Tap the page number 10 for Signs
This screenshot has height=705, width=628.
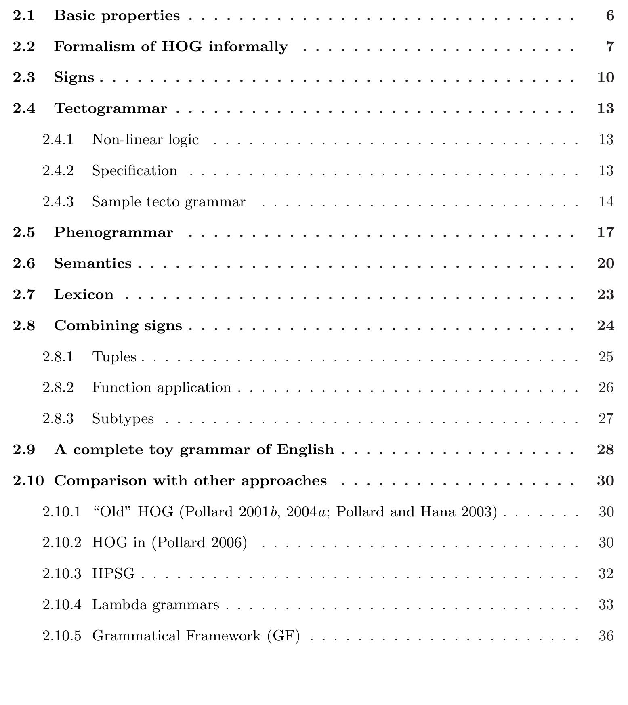pyautogui.click(x=605, y=78)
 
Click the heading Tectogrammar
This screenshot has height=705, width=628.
pyautogui.click(x=110, y=109)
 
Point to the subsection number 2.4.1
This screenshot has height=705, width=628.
pyautogui.click(x=58, y=140)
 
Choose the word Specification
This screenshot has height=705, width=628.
pyautogui.click(x=134, y=171)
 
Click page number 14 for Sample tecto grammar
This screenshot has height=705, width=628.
pyautogui.click(x=606, y=201)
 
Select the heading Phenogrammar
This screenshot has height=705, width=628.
pyautogui.click(x=113, y=233)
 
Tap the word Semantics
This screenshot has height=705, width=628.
pyautogui.click(x=93, y=264)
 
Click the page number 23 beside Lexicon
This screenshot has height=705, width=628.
pyautogui.click(x=605, y=295)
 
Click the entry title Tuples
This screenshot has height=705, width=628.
pyautogui.click(x=114, y=357)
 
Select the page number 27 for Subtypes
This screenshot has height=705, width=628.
pyautogui.click(x=606, y=419)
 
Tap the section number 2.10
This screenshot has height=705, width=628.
pyautogui.click(x=28, y=481)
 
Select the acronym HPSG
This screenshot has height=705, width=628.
pyautogui.click(x=113, y=574)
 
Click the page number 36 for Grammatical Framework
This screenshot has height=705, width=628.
pyautogui.click(x=606, y=636)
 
